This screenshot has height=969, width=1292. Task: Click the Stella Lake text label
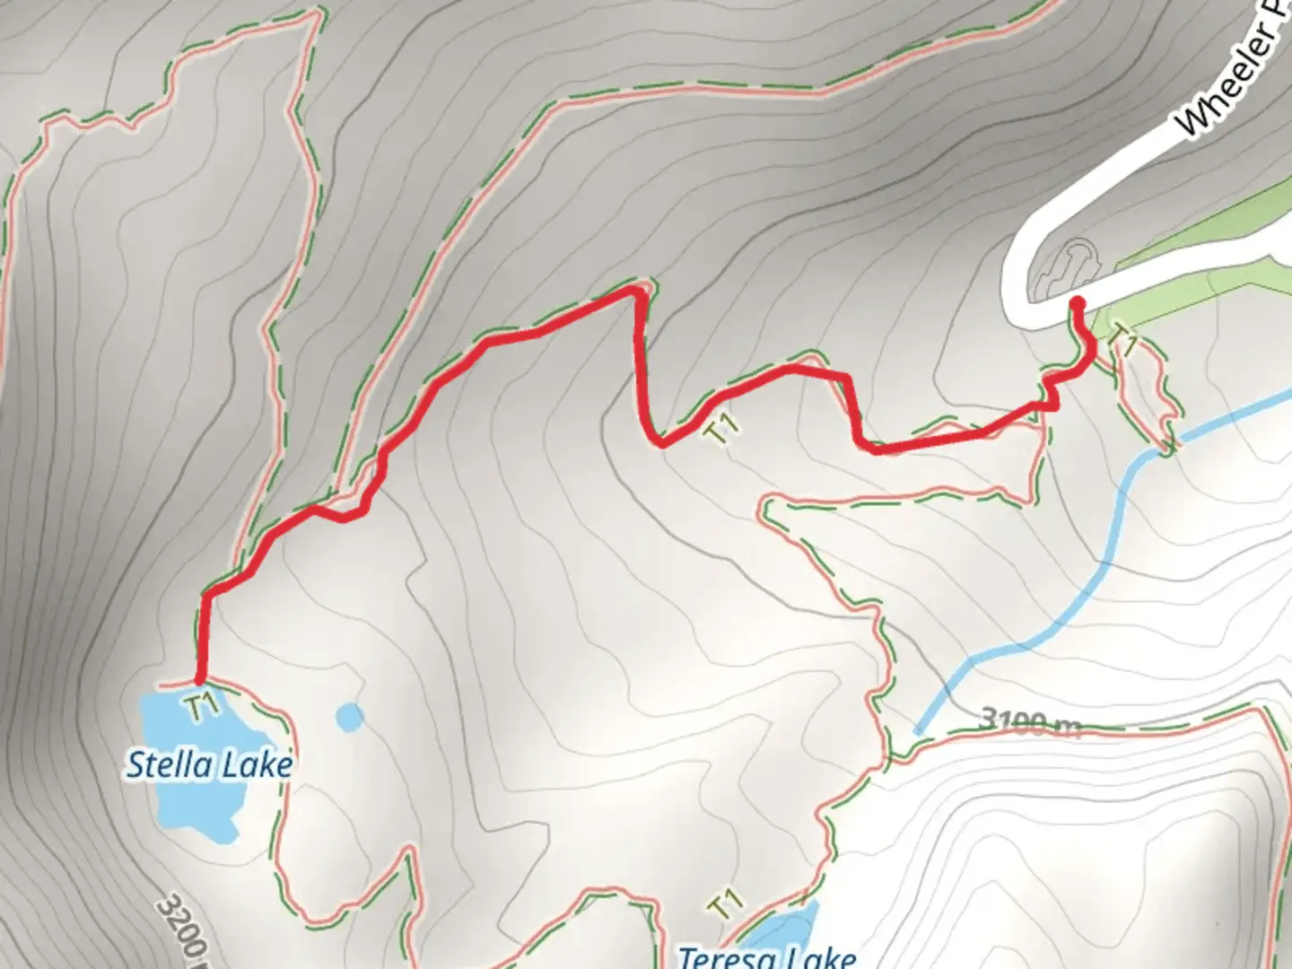coord(209,765)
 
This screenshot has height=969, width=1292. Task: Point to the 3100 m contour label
coord(1031,720)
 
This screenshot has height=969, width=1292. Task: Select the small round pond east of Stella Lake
coord(350,717)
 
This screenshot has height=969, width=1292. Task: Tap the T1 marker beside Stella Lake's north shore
coord(205,704)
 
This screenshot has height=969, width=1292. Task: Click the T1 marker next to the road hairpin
coord(1123,341)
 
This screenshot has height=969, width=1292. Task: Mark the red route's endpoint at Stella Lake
coord(199,682)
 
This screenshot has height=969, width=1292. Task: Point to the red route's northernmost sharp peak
coord(637,290)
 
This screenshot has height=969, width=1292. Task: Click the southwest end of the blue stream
coord(917,731)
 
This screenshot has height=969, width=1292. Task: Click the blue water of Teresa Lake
coord(790,929)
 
